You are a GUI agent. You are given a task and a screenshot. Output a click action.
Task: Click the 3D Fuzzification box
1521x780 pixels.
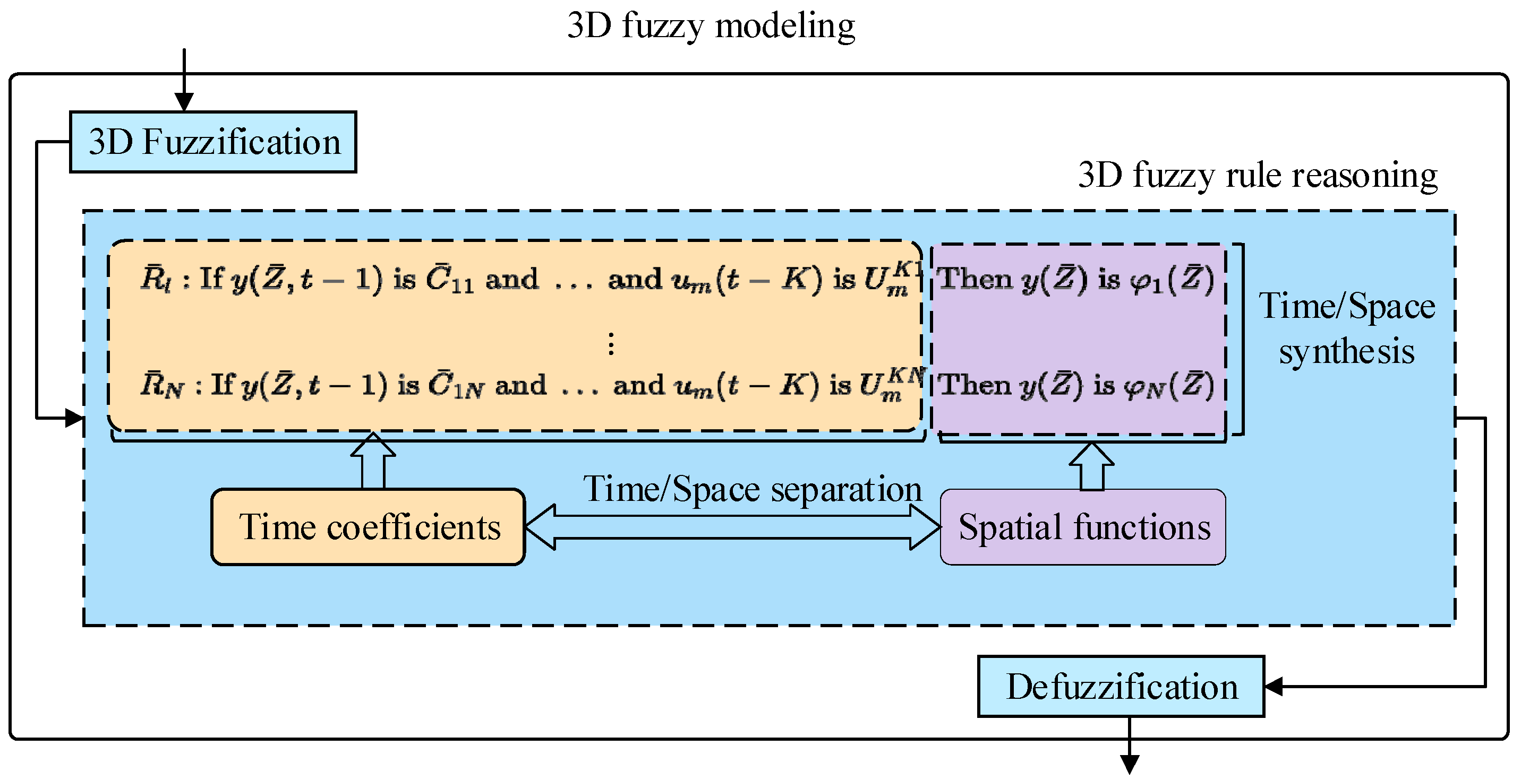point(213,142)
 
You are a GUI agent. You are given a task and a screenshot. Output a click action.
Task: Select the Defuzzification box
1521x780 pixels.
point(1121,687)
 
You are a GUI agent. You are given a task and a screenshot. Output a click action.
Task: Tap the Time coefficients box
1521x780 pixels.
point(369,527)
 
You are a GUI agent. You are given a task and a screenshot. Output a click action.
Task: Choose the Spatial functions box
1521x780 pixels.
point(1083,527)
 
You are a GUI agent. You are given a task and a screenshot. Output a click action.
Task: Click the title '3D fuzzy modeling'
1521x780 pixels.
point(711,26)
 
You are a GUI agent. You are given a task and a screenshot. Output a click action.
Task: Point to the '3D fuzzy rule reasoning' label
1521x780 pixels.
point(1258,175)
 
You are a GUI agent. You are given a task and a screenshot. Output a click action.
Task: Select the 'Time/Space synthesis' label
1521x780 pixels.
point(1347,328)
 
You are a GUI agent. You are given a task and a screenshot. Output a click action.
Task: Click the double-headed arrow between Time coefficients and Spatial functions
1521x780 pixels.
point(732,527)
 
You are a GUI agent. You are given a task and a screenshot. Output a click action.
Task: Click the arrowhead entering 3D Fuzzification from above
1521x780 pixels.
point(184,102)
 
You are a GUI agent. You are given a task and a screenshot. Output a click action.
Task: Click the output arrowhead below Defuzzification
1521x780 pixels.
point(1129,765)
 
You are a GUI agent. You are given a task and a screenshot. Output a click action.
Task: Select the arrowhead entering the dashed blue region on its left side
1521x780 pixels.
point(75,418)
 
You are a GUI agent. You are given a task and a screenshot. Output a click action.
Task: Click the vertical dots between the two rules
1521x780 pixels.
point(611,344)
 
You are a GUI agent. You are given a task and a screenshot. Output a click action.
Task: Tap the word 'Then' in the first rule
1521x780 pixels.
point(975,279)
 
